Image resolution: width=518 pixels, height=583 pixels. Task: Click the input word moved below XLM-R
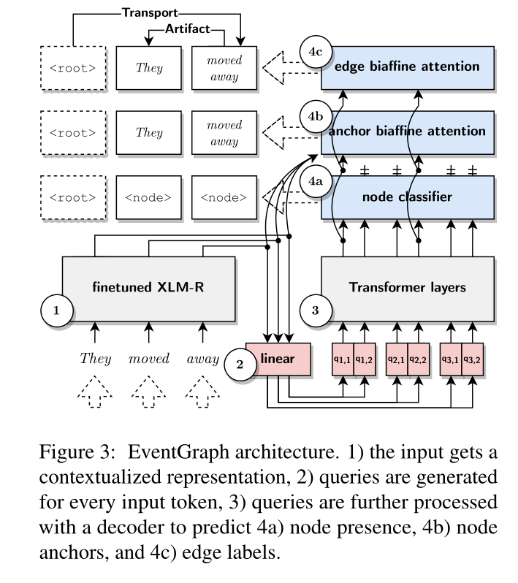(149, 359)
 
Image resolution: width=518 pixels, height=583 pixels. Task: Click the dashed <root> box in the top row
(72, 68)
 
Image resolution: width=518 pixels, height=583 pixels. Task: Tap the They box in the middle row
(150, 132)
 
